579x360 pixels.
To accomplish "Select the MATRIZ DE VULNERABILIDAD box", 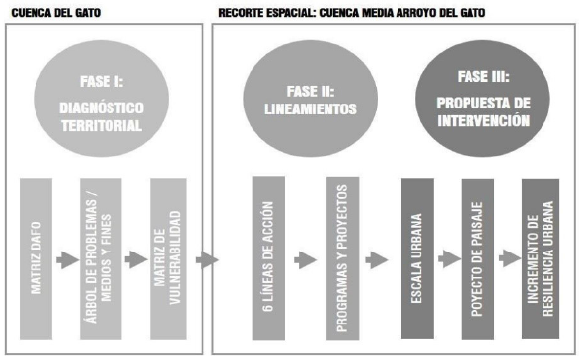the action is click(x=168, y=259).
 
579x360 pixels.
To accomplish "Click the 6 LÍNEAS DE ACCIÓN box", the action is click(x=269, y=259).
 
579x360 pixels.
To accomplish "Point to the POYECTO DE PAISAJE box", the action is click(x=478, y=259).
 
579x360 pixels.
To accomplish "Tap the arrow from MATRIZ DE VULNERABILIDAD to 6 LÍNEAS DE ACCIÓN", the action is click(x=205, y=260).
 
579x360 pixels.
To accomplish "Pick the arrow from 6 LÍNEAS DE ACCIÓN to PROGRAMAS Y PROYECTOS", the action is click(x=305, y=260).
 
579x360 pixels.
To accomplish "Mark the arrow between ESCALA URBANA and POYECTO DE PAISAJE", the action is click(x=447, y=260).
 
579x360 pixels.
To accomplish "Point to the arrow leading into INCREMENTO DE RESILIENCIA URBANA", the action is click(x=510, y=260).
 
